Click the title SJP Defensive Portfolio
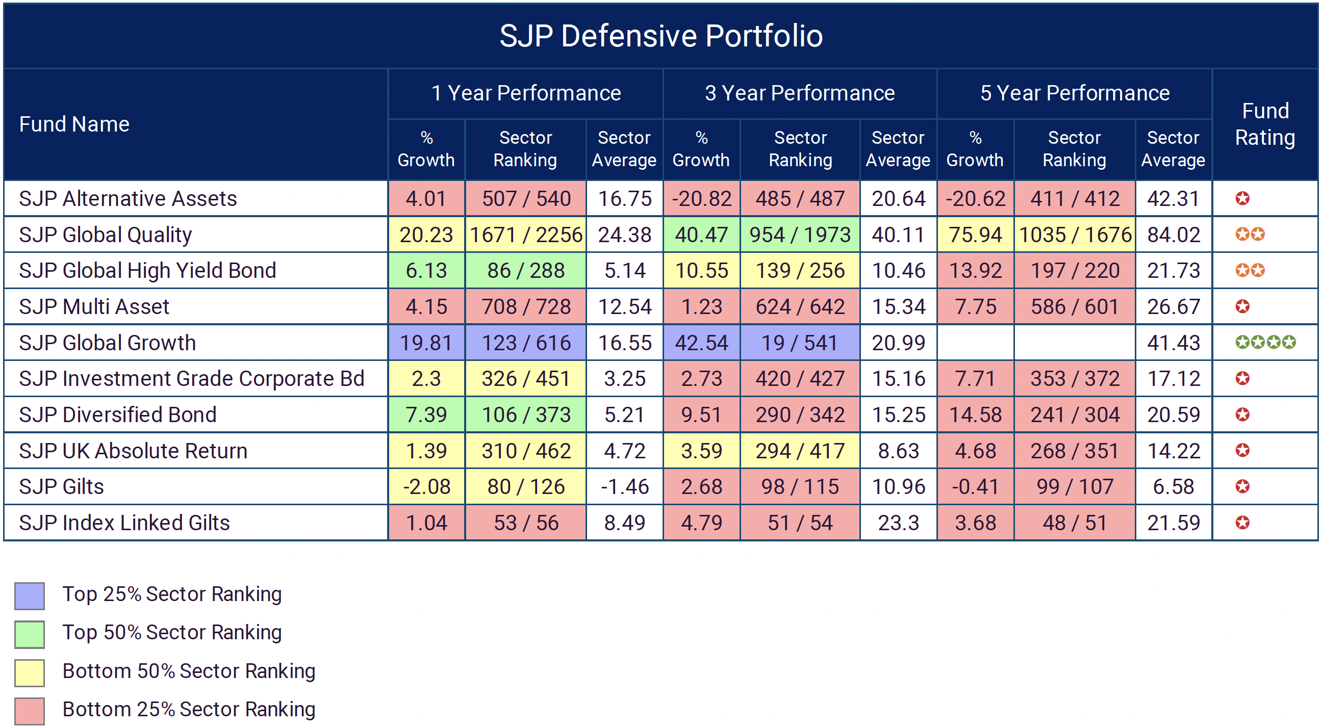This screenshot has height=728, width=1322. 660,36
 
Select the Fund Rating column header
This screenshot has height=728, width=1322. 1264,124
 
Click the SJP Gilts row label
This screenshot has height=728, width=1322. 62,486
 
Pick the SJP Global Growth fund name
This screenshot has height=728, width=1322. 107,343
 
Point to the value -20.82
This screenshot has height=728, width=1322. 701,198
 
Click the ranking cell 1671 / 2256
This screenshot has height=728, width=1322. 525,235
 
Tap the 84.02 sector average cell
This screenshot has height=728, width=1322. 1173,235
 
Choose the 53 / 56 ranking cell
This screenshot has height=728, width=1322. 525,523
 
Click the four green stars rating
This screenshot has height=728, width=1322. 1265,342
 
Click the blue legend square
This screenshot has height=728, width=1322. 29,595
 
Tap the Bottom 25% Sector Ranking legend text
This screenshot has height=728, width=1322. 188,709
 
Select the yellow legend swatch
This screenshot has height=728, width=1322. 29,672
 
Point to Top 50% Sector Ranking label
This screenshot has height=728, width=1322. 172,632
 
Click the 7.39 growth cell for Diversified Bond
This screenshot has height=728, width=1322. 426,414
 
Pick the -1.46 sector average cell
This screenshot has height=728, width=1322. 624,486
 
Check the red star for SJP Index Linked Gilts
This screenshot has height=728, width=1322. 1242,523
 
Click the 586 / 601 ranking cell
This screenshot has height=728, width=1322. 1074,307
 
